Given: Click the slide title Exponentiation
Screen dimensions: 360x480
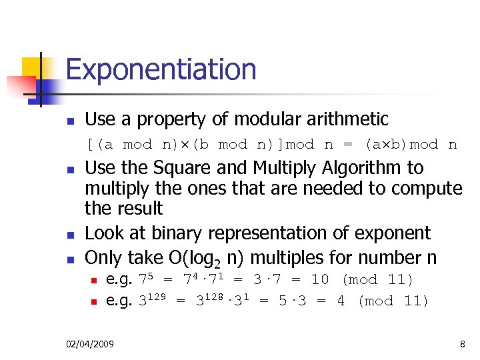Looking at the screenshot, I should click(x=161, y=69).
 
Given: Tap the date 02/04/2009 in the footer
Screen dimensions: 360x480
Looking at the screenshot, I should click(x=90, y=344).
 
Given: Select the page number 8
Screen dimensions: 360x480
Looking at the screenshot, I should click(x=462, y=344).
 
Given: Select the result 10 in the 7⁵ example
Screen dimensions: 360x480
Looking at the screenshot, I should click(x=320, y=280).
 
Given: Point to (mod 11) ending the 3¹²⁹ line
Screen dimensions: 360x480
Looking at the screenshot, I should click(x=394, y=301).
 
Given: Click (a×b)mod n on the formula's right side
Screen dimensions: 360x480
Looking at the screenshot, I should click(x=410, y=145).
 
